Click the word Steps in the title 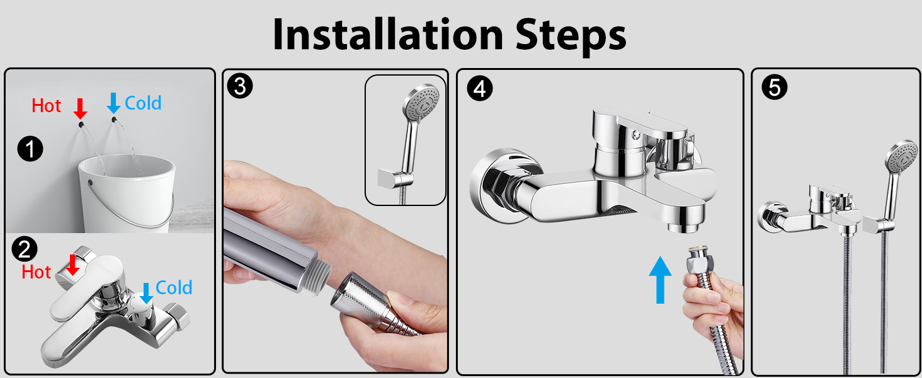(571, 37)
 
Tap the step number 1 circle (30, 149)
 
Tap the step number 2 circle (25, 249)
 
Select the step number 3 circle (240, 86)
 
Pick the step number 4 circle (480, 89)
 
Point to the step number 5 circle (775, 88)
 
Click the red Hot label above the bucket (47, 106)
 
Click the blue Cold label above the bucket (143, 103)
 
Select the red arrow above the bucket (80, 109)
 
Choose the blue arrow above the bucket (113, 103)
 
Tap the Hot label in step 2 (37, 272)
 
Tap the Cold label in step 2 (174, 287)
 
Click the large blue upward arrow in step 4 (660, 280)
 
